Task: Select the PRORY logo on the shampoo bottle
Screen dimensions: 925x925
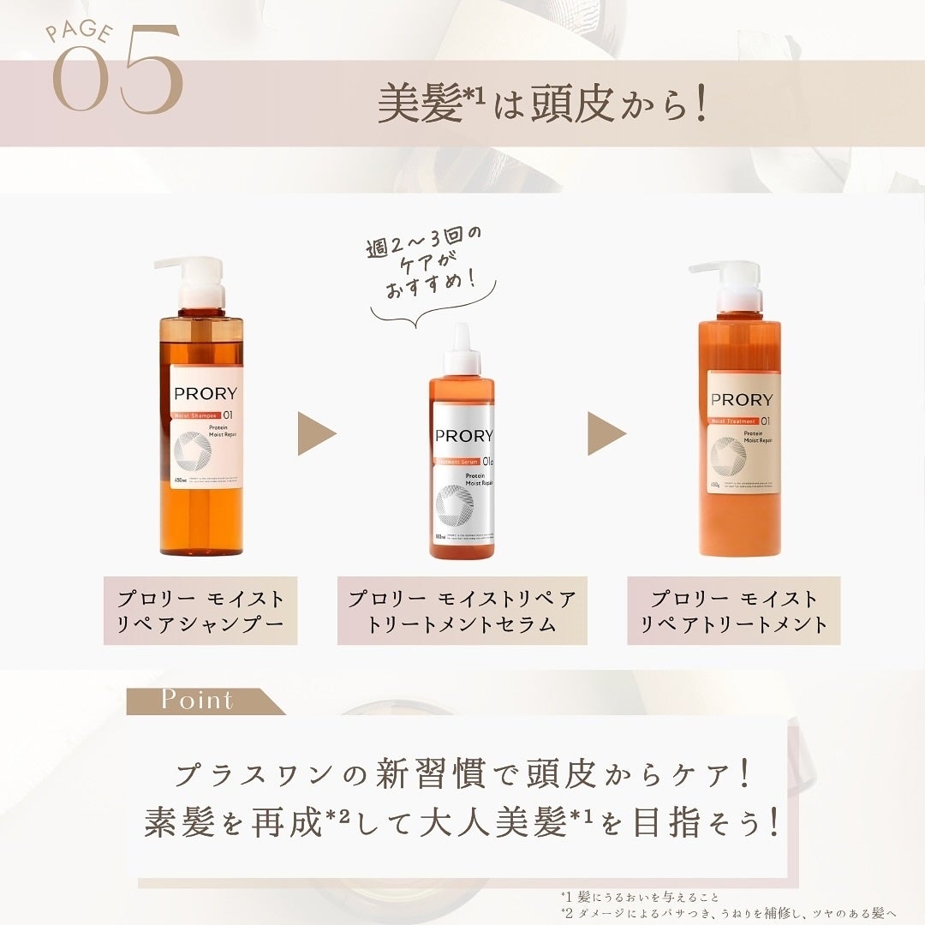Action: [206, 394]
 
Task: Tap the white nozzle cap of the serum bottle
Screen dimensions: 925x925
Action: [462, 349]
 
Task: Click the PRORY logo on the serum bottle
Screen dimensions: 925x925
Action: [463, 435]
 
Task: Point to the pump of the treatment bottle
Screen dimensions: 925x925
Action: [733, 286]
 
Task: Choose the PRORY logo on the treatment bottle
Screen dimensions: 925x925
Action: [742, 399]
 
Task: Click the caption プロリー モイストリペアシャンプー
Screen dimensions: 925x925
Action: [200, 611]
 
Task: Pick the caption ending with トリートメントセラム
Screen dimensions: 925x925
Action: [462, 611]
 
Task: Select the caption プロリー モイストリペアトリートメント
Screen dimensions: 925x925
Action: [733, 611]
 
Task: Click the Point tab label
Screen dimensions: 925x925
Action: [197, 700]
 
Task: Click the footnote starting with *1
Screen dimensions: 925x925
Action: [641, 897]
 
